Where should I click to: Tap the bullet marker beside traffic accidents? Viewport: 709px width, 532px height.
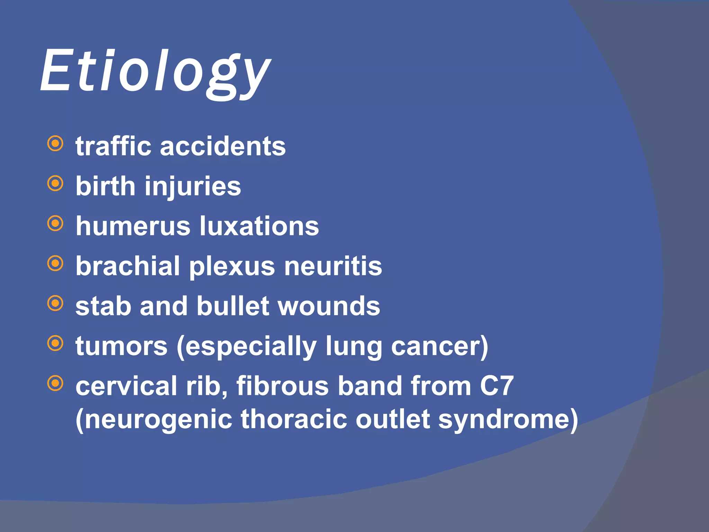(x=55, y=143)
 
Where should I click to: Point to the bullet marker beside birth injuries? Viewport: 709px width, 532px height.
(x=55, y=183)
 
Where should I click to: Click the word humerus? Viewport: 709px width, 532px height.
(x=133, y=226)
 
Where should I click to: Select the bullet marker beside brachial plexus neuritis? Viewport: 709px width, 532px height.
(x=55, y=264)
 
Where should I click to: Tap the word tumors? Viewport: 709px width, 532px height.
(x=122, y=346)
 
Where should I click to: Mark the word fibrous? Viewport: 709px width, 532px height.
(x=282, y=386)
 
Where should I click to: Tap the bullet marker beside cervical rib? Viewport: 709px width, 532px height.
(x=55, y=383)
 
